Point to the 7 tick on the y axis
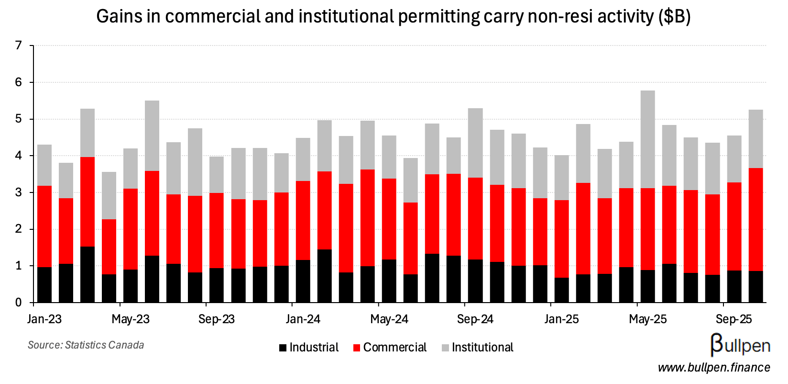click(x=19, y=46)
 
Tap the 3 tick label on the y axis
click(x=19, y=192)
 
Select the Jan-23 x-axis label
click(x=44, y=319)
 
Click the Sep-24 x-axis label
click(x=475, y=319)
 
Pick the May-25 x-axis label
click(x=647, y=319)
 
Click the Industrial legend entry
click(x=309, y=348)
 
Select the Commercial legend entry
click(x=390, y=348)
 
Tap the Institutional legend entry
click(x=477, y=348)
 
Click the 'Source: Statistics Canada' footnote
click(x=86, y=345)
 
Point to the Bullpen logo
click(x=740, y=345)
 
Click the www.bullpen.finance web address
click(x=714, y=368)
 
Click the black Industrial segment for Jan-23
click(x=44, y=285)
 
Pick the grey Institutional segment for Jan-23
click(x=44, y=165)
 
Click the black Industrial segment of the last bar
click(x=755, y=287)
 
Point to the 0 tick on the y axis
click(x=19, y=303)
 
